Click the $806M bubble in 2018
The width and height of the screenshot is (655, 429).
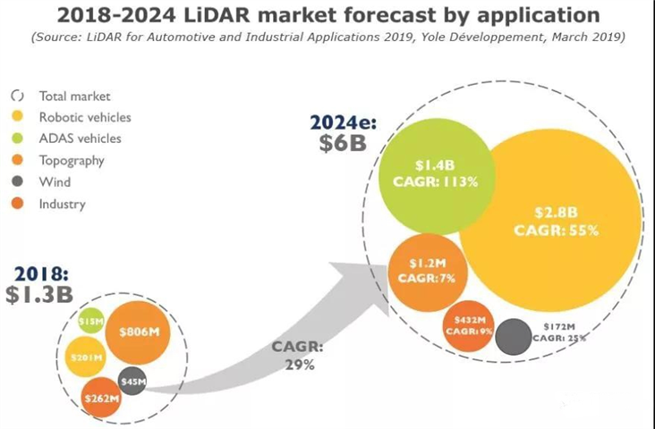(138, 333)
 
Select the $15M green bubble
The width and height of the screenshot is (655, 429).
(90, 320)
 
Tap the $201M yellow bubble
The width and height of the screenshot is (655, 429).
(87, 357)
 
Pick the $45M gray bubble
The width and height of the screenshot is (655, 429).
(132, 381)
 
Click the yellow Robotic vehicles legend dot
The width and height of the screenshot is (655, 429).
(17, 117)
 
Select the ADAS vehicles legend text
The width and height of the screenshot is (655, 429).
(80, 139)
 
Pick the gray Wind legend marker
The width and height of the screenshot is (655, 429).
(17, 182)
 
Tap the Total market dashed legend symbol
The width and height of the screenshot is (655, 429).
(17, 96)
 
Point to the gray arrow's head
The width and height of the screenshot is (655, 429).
(376, 286)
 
